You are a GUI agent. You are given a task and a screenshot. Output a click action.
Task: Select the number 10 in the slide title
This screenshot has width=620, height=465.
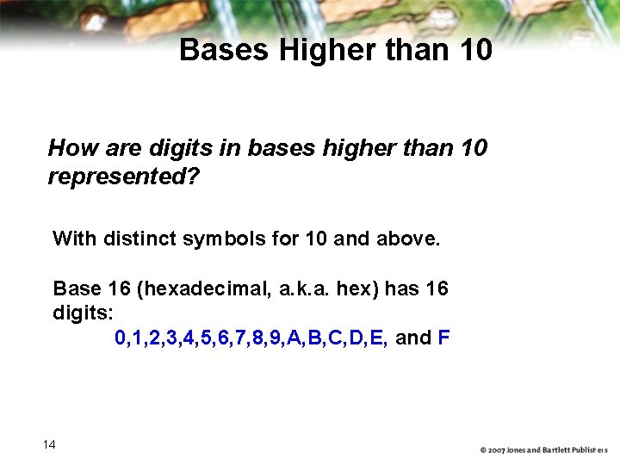pyautogui.click(x=475, y=50)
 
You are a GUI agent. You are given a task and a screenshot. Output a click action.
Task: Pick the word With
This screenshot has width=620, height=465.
pyautogui.click(x=75, y=239)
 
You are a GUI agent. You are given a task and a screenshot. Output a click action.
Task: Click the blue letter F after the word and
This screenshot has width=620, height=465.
pyautogui.click(x=443, y=338)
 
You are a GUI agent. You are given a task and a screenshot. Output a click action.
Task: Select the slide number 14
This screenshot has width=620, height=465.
pyautogui.click(x=49, y=444)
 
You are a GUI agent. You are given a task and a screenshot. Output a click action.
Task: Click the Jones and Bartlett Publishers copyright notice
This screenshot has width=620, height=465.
pyautogui.click(x=543, y=449)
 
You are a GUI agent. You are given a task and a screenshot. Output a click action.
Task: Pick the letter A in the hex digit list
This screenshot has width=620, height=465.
pyautogui.click(x=294, y=338)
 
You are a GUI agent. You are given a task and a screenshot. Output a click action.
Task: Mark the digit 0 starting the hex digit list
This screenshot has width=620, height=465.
pyautogui.click(x=120, y=338)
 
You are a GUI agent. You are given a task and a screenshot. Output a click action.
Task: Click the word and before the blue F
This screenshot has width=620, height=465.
pyautogui.click(x=413, y=338)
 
